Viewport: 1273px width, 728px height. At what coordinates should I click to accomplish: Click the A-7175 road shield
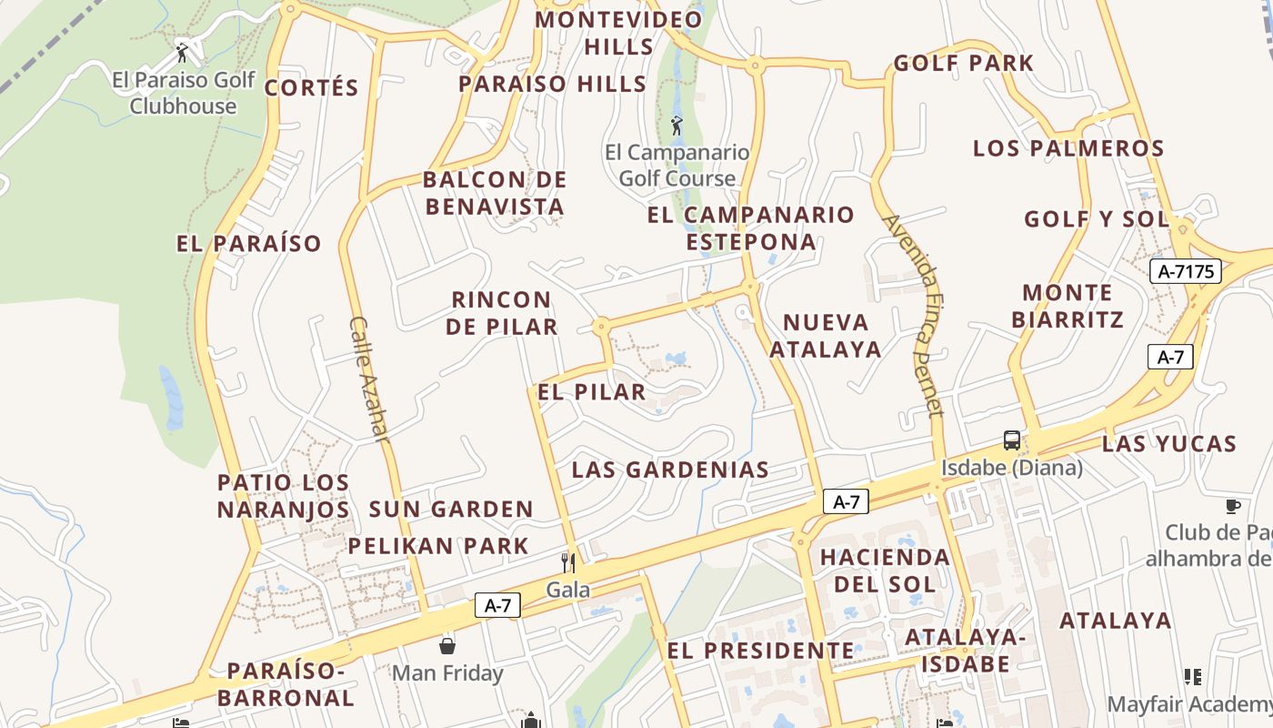click(x=1185, y=271)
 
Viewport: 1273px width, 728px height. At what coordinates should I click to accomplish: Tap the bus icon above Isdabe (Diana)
click(x=1012, y=440)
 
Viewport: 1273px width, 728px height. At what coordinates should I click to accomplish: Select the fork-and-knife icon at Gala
click(x=568, y=562)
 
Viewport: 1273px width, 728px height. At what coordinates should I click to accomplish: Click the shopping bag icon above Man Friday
click(x=447, y=646)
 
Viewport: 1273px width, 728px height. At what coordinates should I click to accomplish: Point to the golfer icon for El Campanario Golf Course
click(x=677, y=126)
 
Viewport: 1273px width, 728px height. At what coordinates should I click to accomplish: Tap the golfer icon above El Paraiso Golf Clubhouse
click(x=183, y=52)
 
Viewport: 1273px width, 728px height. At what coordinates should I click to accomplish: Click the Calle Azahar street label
click(x=368, y=379)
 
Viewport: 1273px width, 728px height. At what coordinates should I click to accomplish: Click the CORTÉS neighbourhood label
click(x=312, y=88)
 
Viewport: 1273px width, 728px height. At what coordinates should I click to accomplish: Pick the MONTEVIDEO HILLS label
click(x=619, y=33)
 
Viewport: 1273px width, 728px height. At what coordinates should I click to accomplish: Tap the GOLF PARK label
click(x=964, y=63)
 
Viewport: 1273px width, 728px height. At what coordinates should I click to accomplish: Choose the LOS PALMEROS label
click(x=1068, y=148)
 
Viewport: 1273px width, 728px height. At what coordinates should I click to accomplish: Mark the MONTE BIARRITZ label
click(x=1068, y=306)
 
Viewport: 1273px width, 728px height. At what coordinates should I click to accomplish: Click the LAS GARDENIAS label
click(x=670, y=470)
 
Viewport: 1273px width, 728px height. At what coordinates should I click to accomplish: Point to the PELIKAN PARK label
click(x=438, y=546)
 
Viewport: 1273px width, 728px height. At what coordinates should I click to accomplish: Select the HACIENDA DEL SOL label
click(x=885, y=570)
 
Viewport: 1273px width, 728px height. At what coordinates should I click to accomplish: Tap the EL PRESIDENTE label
click(x=760, y=651)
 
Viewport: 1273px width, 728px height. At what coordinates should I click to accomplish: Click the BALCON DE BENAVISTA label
click(x=495, y=193)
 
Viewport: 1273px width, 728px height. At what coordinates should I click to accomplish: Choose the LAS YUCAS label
click(x=1169, y=444)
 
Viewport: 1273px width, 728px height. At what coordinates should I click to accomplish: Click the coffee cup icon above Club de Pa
click(x=1233, y=506)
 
